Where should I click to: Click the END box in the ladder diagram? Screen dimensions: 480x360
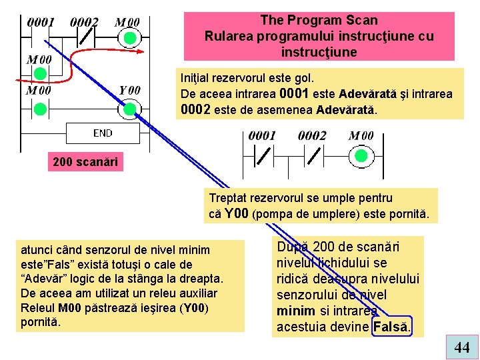pyautogui.click(x=103, y=133)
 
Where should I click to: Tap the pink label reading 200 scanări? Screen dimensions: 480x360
pyautogui.click(x=85, y=162)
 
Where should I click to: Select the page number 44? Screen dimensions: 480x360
pyautogui.click(x=461, y=347)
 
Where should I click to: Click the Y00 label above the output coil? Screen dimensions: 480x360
pyautogui.click(x=130, y=90)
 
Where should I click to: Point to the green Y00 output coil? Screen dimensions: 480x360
pyautogui.click(x=131, y=109)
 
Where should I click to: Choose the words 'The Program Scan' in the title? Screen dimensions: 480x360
pyautogui.click(x=319, y=21)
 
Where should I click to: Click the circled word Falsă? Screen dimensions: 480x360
pyautogui.click(x=392, y=327)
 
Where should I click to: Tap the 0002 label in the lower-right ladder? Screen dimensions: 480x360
pyautogui.click(x=312, y=136)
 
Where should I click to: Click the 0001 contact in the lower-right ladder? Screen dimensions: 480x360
pyautogui.click(x=263, y=156)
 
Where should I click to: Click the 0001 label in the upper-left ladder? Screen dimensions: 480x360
pyautogui.click(x=41, y=22)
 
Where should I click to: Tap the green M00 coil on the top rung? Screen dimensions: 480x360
pyautogui.click(x=129, y=38)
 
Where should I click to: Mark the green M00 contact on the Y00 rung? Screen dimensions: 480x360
pyautogui.click(x=40, y=109)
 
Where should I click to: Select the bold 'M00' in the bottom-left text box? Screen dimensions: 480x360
pyautogui.click(x=71, y=307)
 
